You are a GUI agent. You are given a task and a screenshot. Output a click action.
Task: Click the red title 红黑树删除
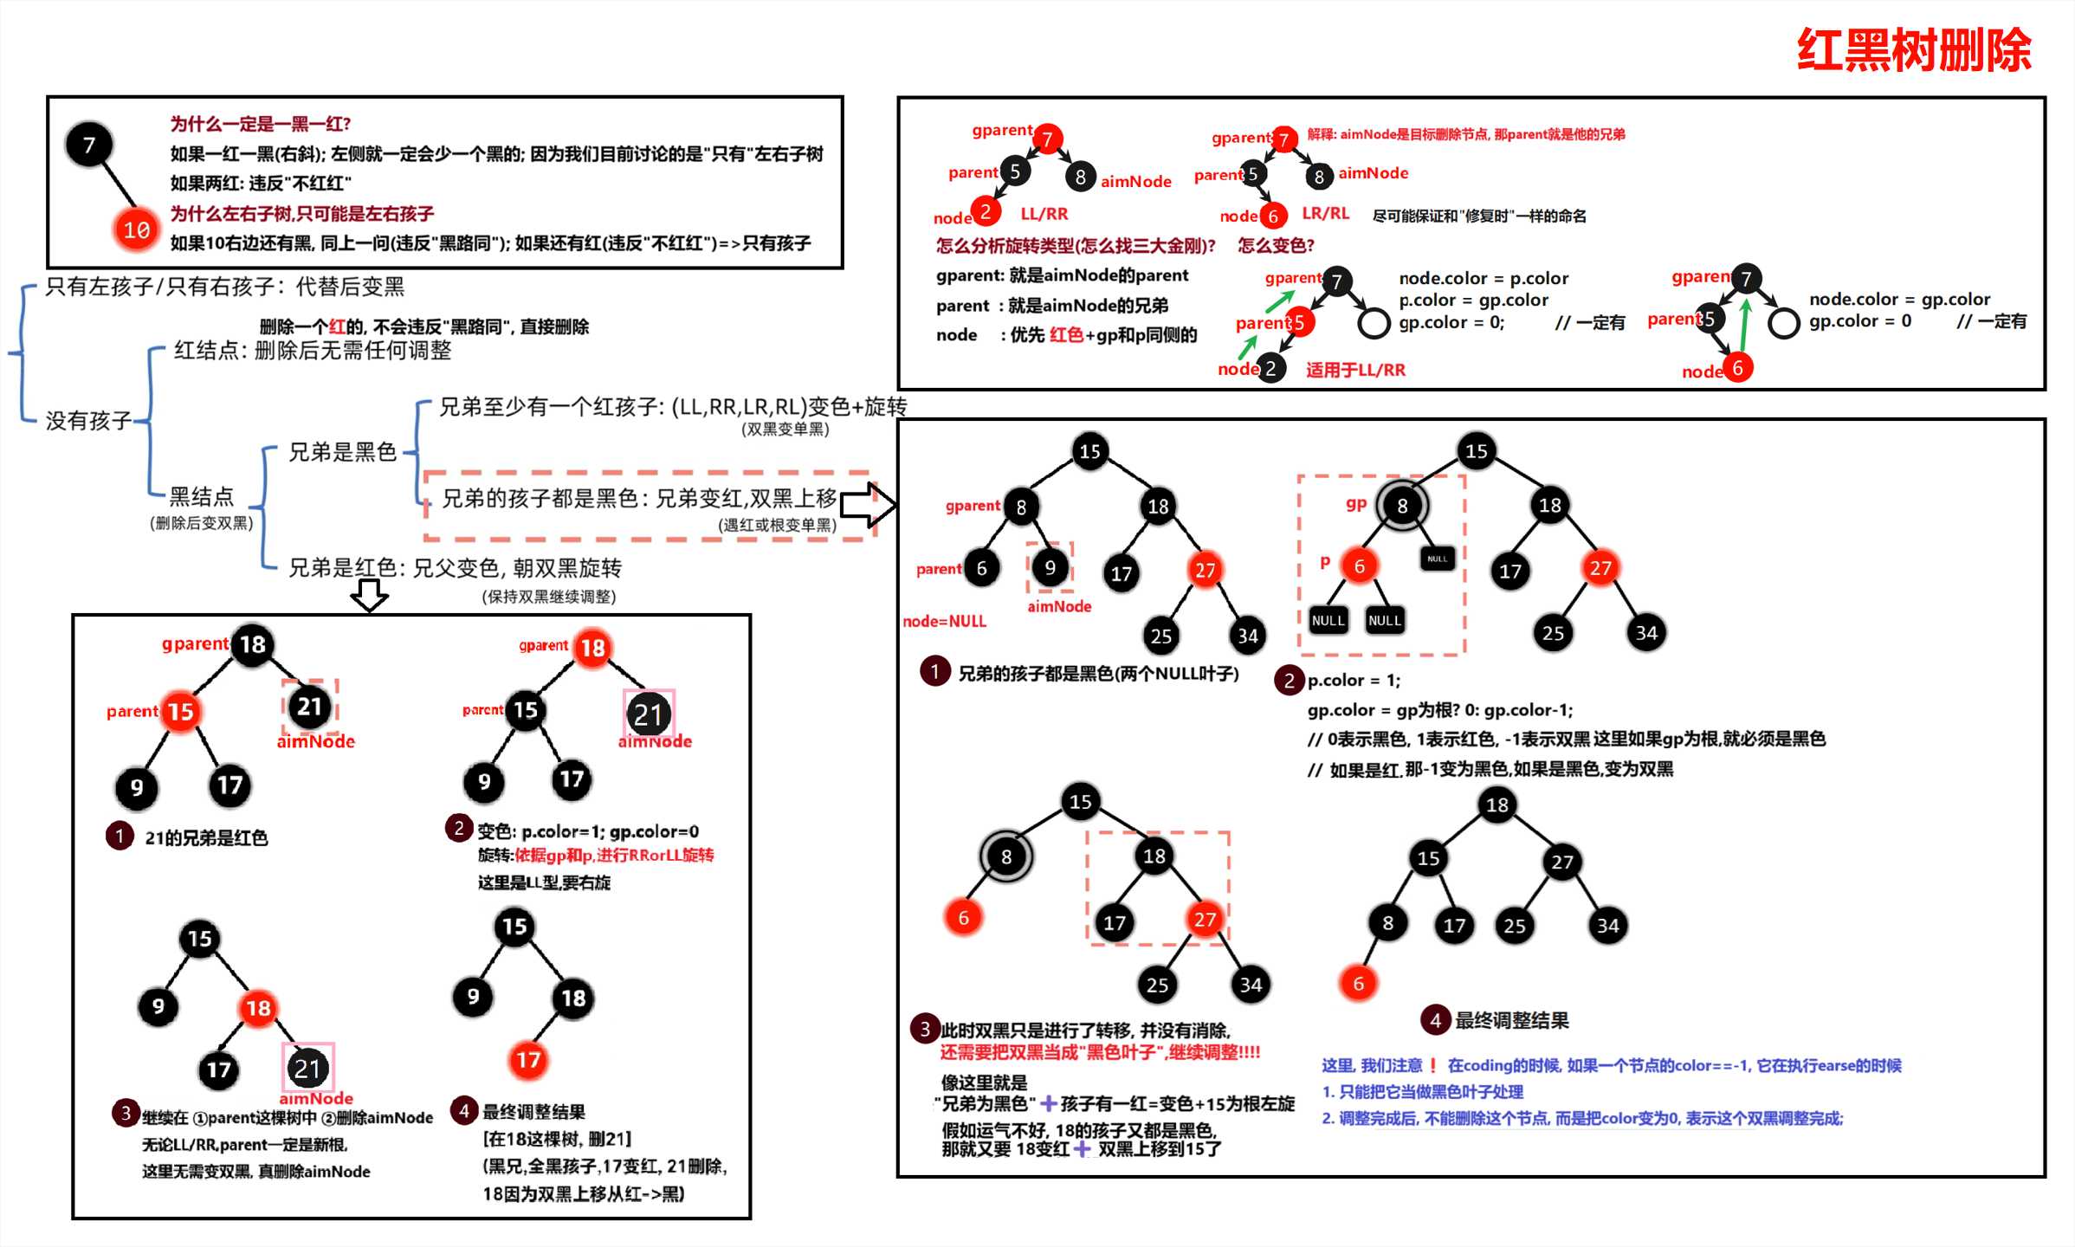click(x=1913, y=50)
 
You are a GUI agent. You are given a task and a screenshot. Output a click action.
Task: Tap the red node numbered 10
click(x=136, y=229)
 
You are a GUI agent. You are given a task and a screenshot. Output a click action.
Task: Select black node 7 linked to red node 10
click(x=89, y=145)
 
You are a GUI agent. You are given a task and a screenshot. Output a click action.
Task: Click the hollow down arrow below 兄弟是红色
click(x=370, y=595)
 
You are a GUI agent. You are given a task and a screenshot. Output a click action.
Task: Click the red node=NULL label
click(x=944, y=621)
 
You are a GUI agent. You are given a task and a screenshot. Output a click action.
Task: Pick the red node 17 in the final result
click(x=528, y=1059)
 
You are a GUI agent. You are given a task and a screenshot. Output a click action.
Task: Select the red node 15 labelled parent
click(x=181, y=712)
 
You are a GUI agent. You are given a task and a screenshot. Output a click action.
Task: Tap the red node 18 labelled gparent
click(x=593, y=647)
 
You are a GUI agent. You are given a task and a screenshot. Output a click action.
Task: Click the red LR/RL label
click(x=1325, y=213)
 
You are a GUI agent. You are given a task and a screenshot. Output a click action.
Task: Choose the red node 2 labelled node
click(x=986, y=211)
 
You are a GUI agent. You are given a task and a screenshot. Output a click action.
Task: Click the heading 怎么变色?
click(x=1276, y=245)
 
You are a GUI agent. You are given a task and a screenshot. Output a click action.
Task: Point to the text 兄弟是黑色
click(x=342, y=451)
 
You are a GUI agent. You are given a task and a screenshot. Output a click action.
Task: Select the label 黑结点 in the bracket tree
click(x=201, y=496)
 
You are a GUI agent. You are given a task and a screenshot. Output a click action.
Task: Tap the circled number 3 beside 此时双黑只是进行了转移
click(x=924, y=1028)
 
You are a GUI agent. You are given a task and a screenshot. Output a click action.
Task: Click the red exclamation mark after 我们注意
click(x=1433, y=1065)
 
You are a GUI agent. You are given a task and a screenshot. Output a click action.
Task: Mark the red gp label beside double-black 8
click(x=1355, y=503)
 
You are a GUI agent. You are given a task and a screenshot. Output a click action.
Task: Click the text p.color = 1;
click(x=1354, y=680)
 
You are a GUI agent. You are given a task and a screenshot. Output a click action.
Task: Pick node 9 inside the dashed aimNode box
click(x=1050, y=567)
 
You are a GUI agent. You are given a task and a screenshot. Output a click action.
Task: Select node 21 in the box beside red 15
click(x=309, y=707)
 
